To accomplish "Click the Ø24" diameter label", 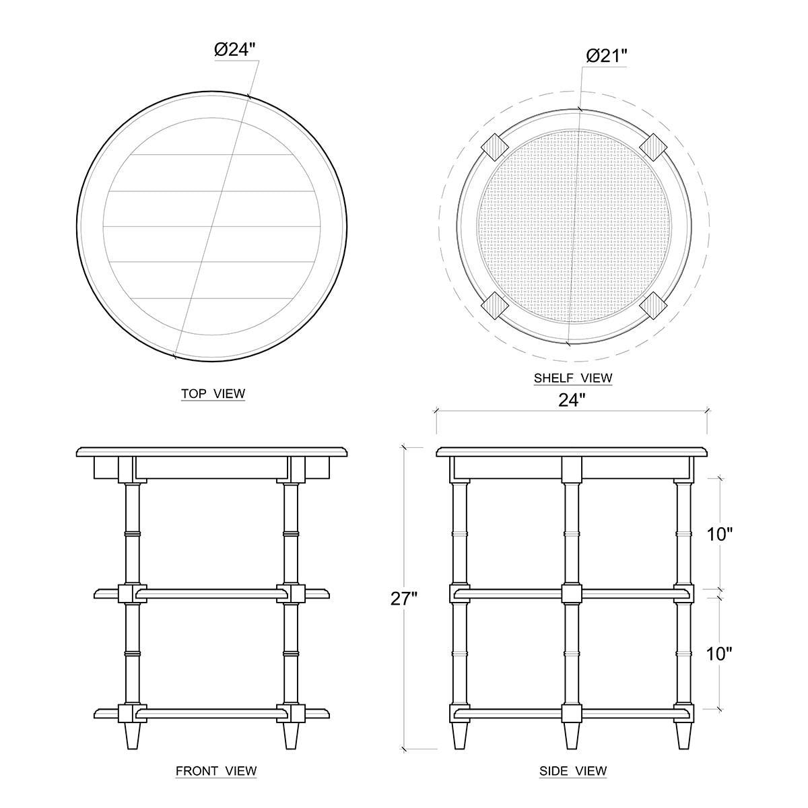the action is point(234,50).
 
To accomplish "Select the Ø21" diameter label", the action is point(606,56).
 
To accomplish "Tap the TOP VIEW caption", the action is point(213,394).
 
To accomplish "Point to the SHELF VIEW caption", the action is point(573,378).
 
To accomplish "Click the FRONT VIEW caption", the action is point(216,771).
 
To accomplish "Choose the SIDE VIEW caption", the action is point(573,771).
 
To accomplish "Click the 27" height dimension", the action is point(404,599).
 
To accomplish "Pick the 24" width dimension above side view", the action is point(572,401).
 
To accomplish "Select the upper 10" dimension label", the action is point(720,534).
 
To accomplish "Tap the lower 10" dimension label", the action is point(720,654).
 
